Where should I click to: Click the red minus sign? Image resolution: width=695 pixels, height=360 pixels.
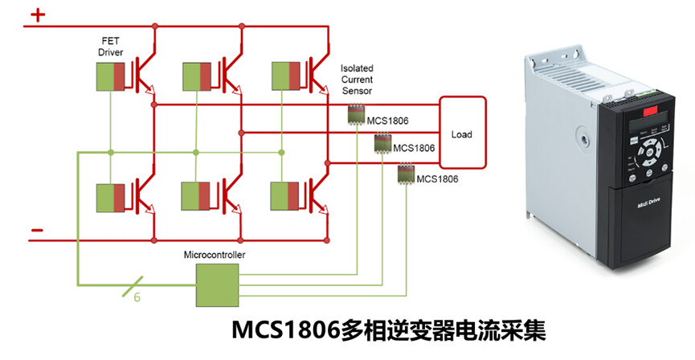[37, 231]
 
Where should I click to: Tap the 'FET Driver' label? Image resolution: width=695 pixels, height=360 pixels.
[110, 46]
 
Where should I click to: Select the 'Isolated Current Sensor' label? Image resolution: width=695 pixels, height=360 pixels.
[357, 80]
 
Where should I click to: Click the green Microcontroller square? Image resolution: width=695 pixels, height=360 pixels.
[217, 285]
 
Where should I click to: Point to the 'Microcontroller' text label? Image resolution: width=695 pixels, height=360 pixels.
[215, 256]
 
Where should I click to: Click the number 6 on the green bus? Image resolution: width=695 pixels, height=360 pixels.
[137, 297]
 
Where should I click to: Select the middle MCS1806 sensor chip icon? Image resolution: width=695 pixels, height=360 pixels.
[381, 144]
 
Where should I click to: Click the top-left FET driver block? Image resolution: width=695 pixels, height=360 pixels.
[112, 74]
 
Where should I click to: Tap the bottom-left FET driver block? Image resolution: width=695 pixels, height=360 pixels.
[112, 196]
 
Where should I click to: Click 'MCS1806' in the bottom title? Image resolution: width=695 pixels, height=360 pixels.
[285, 331]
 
